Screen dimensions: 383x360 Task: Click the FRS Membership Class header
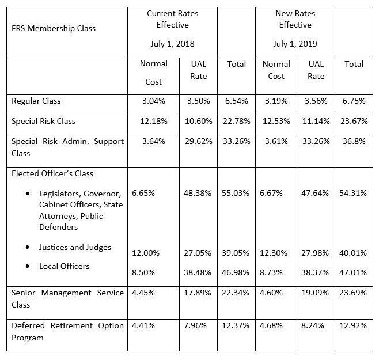pyautogui.click(x=54, y=28)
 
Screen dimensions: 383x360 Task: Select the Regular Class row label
pyautogui.click(x=36, y=101)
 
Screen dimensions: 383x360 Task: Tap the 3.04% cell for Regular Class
pyautogui.click(x=154, y=101)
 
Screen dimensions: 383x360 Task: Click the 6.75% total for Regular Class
pyautogui.click(x=354, y=101)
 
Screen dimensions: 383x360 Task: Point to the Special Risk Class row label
pyautogui.click(x=43, y=121)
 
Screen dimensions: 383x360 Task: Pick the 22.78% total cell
pyautogui.click(x=237, y=121)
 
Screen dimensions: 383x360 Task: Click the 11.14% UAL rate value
pyautogui.click(x=316, y=121)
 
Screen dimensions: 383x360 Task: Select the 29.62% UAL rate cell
pyautogui.click(x=198, y=141)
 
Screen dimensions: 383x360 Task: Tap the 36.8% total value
pyautogui.click(x=354, y=141)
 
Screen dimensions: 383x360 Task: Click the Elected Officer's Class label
pyautogui.click(x=52, y=173)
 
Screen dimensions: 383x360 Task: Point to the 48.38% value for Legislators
pyautogui.click(x=198, y=193)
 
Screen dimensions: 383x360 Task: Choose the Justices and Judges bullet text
pyautogui.click(x=75, y=247)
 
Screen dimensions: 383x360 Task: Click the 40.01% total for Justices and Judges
pyautogui.click(x=353, y=253)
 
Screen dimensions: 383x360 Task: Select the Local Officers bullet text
pyautogui.click(x=65, y=266)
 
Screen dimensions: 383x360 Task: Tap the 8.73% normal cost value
pyautogui.click(x=271, y=272)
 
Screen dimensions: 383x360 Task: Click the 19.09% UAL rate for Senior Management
pyautogui.click(x=315, y=293)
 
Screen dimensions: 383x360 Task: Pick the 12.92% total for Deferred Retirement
pyautogui.click(x=353, y=325)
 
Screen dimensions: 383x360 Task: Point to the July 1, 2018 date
pyautogui.click(x=172, y=44)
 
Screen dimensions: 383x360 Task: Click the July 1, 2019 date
pyautogui.click(x=295, y=44)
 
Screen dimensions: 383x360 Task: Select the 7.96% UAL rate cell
pyautogui.click(x=195, y=325)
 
